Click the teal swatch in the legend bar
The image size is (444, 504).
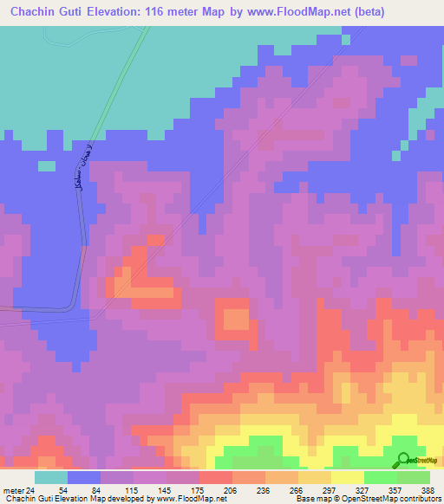pos(51,477)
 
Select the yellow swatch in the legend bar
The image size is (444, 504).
pos(347,477)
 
